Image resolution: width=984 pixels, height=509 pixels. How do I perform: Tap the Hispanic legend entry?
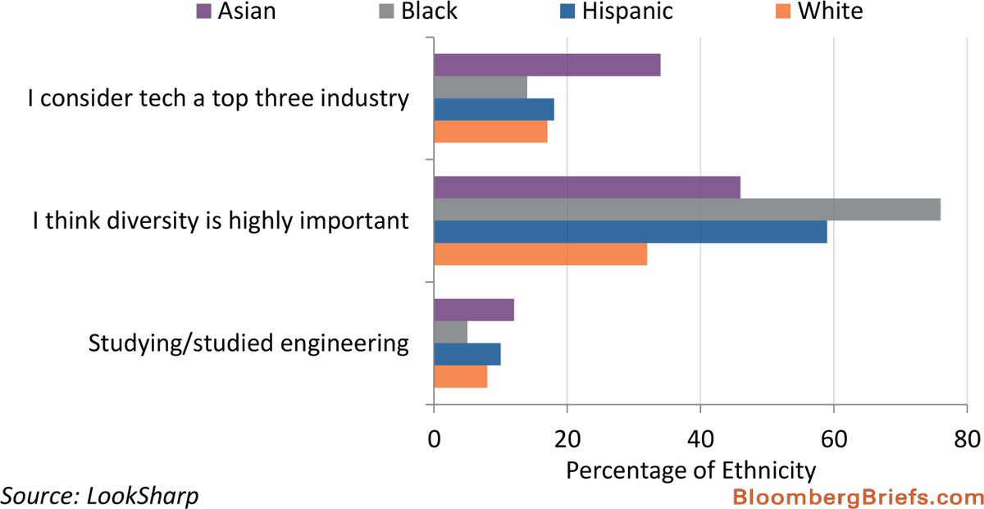coord(627,11)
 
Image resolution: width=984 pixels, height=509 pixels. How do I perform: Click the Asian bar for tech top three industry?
coord(547,66)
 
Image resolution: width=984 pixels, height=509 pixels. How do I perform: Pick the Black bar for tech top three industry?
coord(481,88)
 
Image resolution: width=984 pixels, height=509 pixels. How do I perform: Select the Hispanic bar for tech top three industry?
coord(494,110)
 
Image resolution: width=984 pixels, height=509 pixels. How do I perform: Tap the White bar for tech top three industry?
coord(490,132)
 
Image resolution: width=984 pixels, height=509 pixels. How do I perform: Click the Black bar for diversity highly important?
coord(686,210)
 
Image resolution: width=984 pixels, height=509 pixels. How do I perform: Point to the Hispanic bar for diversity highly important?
coord(630,232)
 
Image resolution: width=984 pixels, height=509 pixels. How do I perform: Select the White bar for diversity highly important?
coord(540,254)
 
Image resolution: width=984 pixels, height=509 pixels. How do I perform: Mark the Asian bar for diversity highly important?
coord(587,188)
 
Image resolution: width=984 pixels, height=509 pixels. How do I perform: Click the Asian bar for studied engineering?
coord(474,310)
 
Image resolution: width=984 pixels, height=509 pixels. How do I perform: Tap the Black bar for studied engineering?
coord(450,332)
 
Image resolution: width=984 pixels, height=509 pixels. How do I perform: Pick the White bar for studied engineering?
coord(460,376)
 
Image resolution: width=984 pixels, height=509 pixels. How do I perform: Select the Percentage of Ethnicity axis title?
coord(691,470)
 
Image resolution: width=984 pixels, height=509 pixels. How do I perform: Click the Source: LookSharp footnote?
coord(99,496)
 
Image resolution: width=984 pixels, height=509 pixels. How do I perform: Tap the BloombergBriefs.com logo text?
coord(857,497)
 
